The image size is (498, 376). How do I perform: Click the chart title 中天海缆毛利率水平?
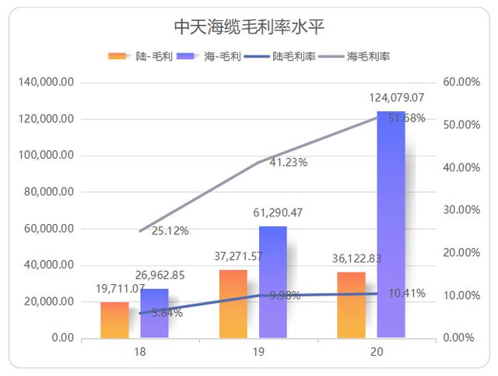(248, 27)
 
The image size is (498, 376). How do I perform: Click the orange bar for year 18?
(114, 320)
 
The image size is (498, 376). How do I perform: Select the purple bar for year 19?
(272, 283)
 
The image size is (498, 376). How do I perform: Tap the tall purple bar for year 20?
(391, 226)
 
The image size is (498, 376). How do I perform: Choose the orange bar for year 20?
(351, 305)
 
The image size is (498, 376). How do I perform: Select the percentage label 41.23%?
(288, 163)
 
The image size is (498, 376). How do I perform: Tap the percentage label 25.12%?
(170, 230)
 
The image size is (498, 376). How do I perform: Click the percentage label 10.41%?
(405, 293)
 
